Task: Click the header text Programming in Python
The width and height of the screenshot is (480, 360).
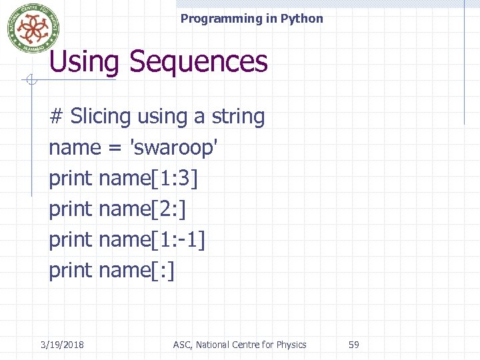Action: pos(251,19)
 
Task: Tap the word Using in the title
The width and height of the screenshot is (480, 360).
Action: pos(84,61)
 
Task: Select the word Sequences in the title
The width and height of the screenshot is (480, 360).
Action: pos(199,61)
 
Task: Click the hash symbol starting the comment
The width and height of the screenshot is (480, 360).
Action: pos(57,117)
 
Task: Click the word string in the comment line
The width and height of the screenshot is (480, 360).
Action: pos(238,117)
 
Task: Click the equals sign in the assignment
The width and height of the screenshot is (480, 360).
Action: pos(114,148)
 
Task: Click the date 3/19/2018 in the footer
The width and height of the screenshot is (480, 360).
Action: pos(62,345)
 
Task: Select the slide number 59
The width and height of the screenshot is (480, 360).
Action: pos(354,345)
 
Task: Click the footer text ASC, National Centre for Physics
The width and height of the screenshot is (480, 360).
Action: pos(239,345)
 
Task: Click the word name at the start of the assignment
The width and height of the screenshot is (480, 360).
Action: pos(74,148)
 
